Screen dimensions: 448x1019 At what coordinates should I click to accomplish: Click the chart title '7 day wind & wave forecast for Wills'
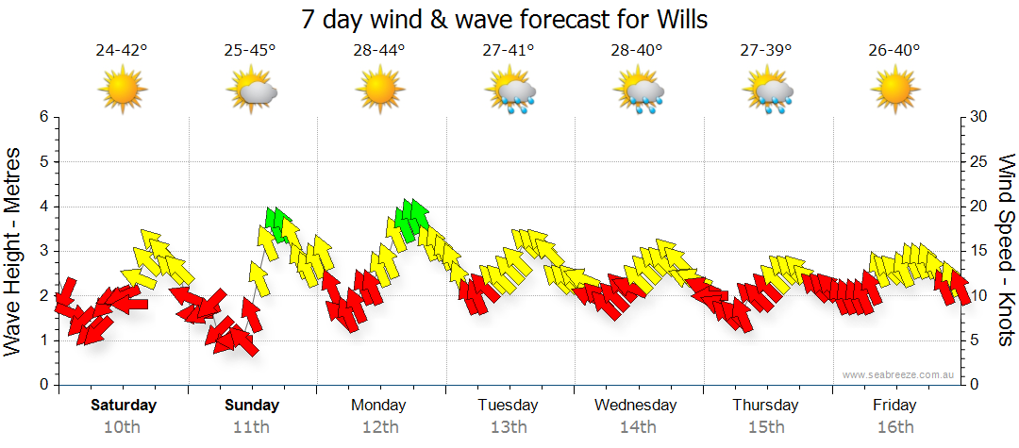point(504,18)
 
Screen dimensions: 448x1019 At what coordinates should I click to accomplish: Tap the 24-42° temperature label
point(122,50)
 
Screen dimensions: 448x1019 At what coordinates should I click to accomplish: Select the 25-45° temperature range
point(250,50)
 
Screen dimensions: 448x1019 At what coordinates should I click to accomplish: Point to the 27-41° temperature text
point(508,50)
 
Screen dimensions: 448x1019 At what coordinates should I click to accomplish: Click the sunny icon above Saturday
point(123,91)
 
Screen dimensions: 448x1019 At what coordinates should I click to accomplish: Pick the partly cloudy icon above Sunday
point(251,91)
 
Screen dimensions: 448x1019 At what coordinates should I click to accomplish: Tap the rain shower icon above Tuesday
point(509,91)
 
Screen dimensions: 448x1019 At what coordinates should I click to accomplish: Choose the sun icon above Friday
point(894,91)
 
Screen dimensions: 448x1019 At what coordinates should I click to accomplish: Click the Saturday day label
point(123,406)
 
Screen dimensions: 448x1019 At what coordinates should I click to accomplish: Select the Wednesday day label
point(636,406)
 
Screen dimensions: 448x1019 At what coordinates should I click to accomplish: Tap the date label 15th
point(765,427)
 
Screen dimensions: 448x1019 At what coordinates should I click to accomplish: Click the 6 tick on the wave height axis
point(43,117)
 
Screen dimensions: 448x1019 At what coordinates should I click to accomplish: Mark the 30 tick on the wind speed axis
point(978,117)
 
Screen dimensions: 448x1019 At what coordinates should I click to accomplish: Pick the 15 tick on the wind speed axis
point(978,251)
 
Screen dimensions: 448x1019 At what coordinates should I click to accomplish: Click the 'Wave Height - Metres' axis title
point(14,251)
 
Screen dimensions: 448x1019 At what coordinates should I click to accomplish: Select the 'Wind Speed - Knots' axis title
point(1006,251)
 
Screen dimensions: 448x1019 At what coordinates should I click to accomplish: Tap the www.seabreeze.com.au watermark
point(900,374)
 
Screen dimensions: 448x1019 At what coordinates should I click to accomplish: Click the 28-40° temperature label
point(637,50)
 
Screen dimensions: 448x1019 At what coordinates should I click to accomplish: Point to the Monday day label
point(378,406)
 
